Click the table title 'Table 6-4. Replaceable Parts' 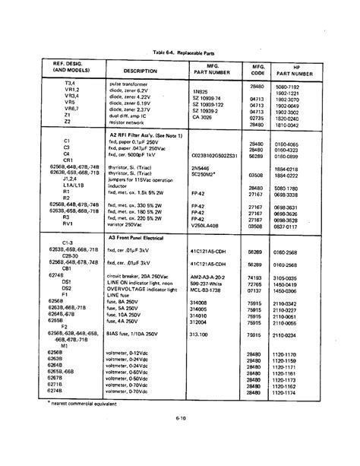pyautogui.click(x=184, y=50)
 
